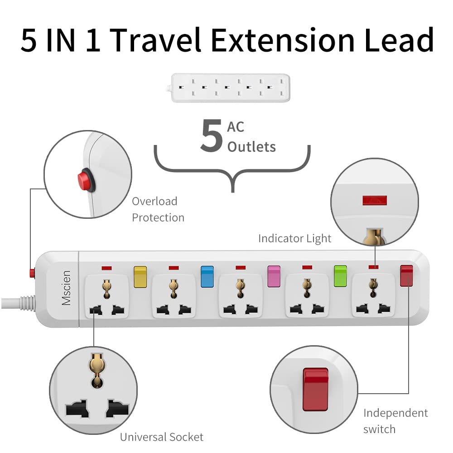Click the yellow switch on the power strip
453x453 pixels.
[x=140, y=277]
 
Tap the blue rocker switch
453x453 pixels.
[x=207, y=276]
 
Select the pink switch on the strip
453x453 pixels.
[x=274, y=276]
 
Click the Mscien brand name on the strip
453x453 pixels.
[x=66, y=288]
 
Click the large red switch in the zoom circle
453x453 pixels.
[x=315, y=389]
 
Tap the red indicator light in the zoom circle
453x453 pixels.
[x=375, y=200]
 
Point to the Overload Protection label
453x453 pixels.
[x=158, y=209]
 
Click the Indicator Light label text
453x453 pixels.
[x=295, y=239]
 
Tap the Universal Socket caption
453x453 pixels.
[x=162, y=437]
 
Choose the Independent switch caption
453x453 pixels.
[x=395, y=421]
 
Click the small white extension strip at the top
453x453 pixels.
[x=230, y=88]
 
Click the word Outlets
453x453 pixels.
[x=251, y=147]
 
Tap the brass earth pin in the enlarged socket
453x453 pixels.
[x=97, y=370]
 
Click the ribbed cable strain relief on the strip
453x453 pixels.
[x=28, y=303]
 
